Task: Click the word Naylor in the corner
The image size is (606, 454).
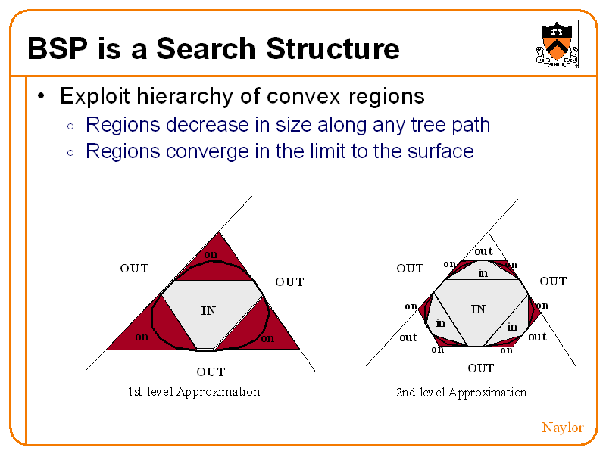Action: (x=562, y=428)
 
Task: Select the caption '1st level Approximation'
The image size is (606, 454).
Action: (x=194, y=391)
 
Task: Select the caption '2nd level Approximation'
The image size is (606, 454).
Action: (x=461, y=392)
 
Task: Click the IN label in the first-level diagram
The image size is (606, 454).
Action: (x=208, y=310)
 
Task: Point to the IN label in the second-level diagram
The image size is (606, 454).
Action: (x=478, y=309)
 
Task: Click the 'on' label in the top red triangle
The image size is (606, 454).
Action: (x=211, y=254)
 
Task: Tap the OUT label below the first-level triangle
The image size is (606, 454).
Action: (x=211, y=372)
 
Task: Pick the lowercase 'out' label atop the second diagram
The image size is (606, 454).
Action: (x=483, y=251)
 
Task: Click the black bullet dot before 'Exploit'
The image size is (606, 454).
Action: (x=42, y=97)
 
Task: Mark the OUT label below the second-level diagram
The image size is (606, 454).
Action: (x=481, y=368)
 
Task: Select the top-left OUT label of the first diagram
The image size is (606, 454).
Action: (x=134, y=268)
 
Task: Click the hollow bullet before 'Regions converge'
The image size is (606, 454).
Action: (x=70, y=153)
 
